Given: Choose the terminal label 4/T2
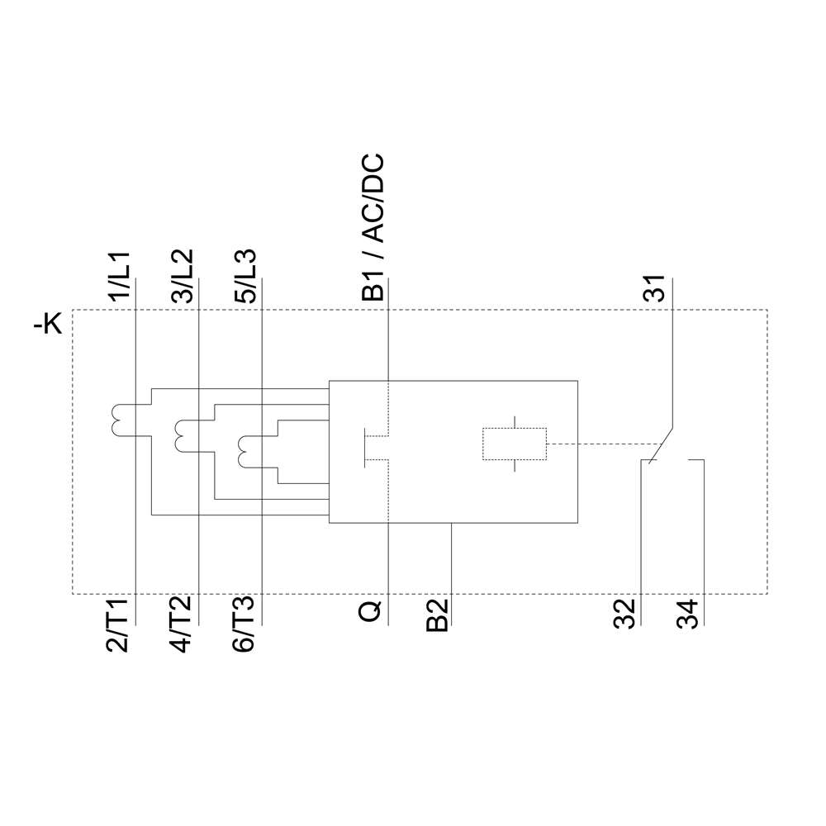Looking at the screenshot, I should point(183,624).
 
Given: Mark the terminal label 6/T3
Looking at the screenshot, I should point(245,624).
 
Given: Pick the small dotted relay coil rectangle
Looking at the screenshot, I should point(514,444).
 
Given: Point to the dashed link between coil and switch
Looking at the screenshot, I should point(595,444).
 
